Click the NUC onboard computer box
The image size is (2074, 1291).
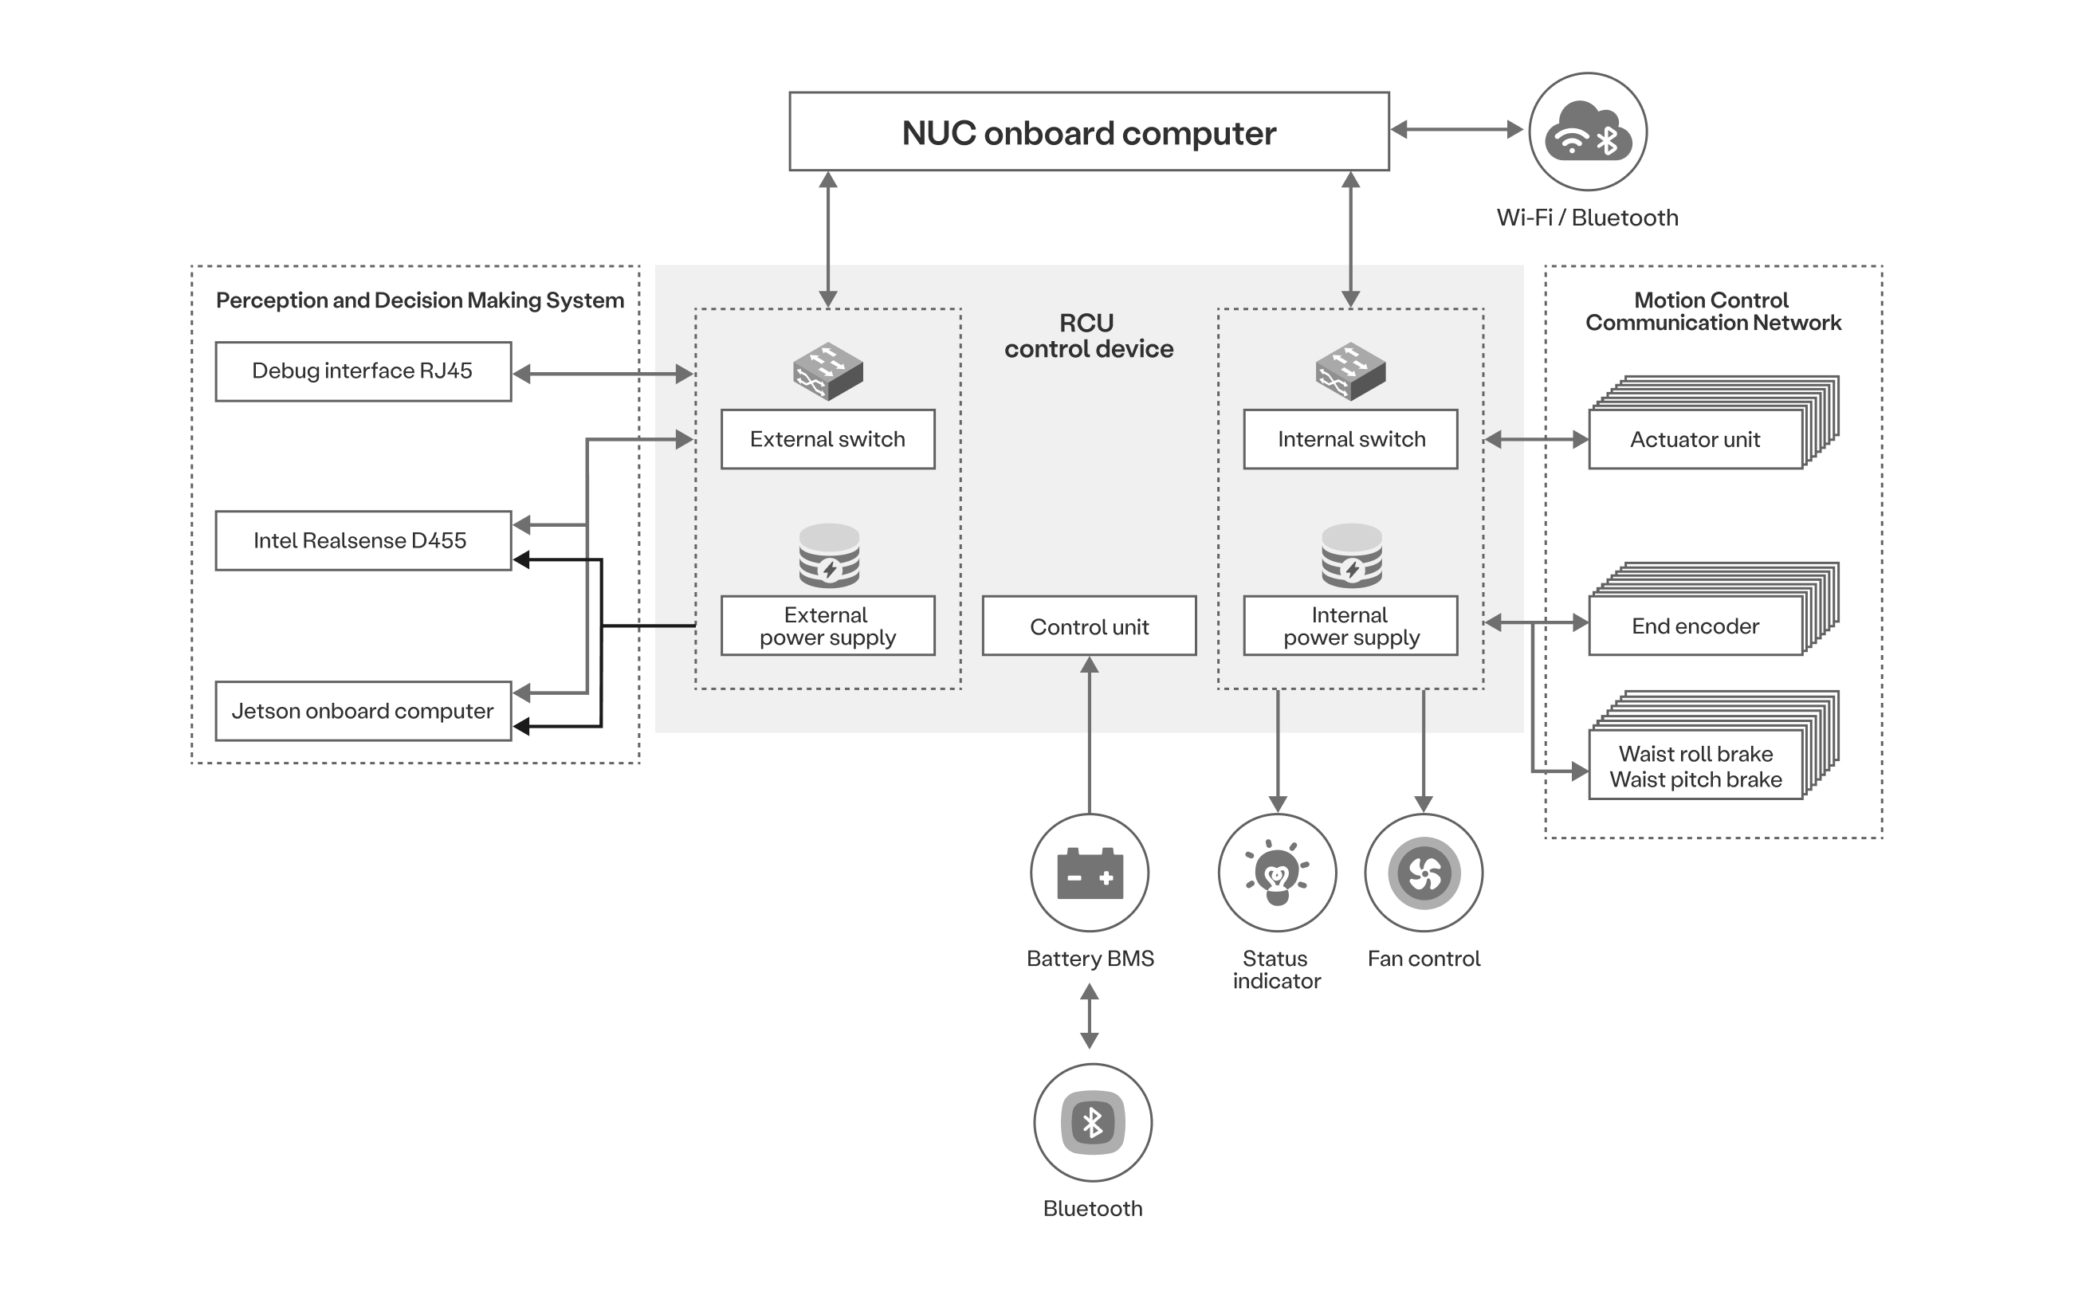pyautogui.click(x=1089, y=132)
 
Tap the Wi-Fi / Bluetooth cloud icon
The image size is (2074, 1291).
pyautogui.click(x=1587, y=131)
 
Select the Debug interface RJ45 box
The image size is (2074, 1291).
pyautogui.click(x=363, y=371)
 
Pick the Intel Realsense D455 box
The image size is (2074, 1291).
pyautogui.click(x=363, y=540)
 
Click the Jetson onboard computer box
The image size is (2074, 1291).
pyautogui.click(x=363, y=710)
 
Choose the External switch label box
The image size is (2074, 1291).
pyautogui.click(x=827, y=439)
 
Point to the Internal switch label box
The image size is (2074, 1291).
pyautogui.click(x=1350, y=439)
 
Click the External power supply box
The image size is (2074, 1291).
pyautogui.click(x=827, y=626)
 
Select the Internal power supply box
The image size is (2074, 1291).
pyautogui.click(x=1350, y=626)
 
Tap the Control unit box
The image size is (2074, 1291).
pyautogui.click(x=1089, y=626)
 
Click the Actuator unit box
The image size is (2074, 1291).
pyautogui.click(x=1695, y=440)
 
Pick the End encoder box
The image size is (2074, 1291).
pyautogui.click(x=1695, y=626)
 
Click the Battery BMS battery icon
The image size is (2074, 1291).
pyautogui.click(x=1090, y=873)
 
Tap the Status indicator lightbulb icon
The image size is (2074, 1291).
pyautogui.click(x=1276, y=873)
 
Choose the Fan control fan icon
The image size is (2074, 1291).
pyautogui.click(x=1424, y=873)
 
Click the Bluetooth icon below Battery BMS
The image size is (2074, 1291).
pyautogui.click(x=1092, y=1122)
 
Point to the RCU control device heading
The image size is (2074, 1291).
pyautogui.click(x=1088, y=336)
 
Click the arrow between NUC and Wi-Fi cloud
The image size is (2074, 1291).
pyautogui.click(x=1458, y=130)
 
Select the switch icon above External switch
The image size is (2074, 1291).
pyautogui.click(x=827, y=371)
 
